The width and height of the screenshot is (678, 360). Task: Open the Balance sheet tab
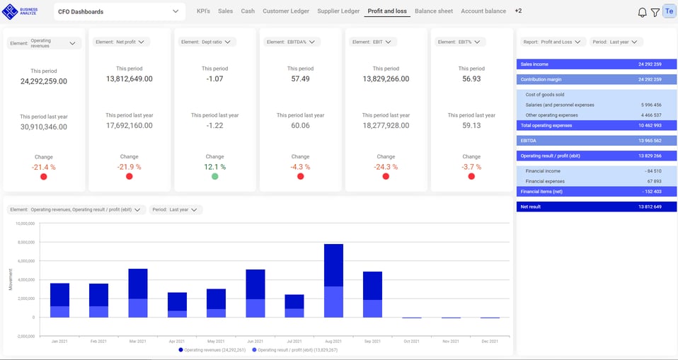433,11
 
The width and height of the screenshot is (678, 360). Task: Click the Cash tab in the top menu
248,11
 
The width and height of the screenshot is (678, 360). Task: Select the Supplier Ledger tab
338,11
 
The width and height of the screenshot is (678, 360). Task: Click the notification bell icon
642,12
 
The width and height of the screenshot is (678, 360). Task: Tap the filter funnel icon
655,12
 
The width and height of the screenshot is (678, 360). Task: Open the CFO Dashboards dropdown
118,12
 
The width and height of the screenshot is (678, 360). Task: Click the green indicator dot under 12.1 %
214,176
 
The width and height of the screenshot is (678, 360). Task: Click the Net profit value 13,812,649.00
129,79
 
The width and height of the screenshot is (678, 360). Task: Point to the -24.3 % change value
386,167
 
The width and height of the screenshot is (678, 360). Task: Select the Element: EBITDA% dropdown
292,42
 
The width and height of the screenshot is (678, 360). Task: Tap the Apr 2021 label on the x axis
177,341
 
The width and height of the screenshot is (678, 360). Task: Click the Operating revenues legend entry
212,350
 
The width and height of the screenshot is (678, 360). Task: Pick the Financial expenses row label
544,181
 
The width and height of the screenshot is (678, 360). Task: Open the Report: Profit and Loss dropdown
551,42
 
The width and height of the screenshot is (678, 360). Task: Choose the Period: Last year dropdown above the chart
176,210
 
